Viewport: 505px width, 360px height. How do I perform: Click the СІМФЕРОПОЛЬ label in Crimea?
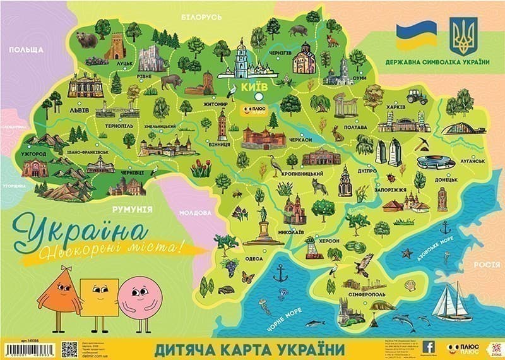coord(362,295)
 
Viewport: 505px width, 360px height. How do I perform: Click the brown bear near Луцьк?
coord(86,40)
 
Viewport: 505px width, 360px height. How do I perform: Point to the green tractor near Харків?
coord(415,96)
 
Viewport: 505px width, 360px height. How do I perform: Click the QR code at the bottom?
coord(70,349)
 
